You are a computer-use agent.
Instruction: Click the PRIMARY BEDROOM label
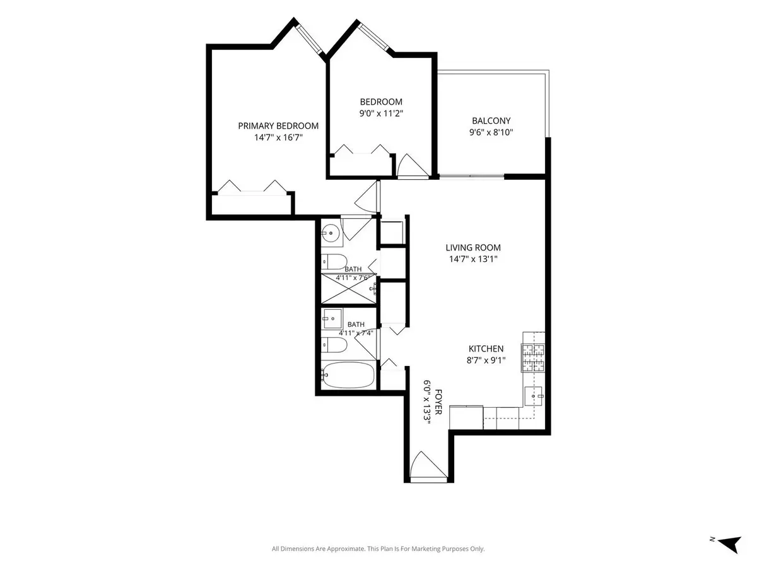tap(278, 126)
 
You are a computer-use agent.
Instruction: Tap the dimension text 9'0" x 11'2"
tap(381, 113)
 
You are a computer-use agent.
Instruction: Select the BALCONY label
tap(491, 121)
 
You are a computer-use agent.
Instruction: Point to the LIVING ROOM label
tap(473, 247)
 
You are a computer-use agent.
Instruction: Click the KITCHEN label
tap(486, 348)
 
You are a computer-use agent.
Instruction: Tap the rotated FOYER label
tap(438, 402)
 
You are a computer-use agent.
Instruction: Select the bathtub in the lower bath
tap(348, 375)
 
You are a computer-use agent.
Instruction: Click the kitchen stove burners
tap(533, 358)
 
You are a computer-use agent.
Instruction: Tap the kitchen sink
tap(533, 396)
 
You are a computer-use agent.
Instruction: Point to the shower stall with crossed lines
tap(349, 288)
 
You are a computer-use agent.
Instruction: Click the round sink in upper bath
tap(331, 233)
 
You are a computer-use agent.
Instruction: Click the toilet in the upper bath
tap(334, 262)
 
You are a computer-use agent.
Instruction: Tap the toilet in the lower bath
tap(334, 345)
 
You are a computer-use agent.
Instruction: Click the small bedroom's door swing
tap(413, 165)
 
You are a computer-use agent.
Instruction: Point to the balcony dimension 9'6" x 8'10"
tap(491, 132)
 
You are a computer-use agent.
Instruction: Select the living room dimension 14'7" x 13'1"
tap(473, 259)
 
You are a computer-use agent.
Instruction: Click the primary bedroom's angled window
tap(309, 38)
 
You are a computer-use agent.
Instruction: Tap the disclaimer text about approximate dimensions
tap(378, 548)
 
